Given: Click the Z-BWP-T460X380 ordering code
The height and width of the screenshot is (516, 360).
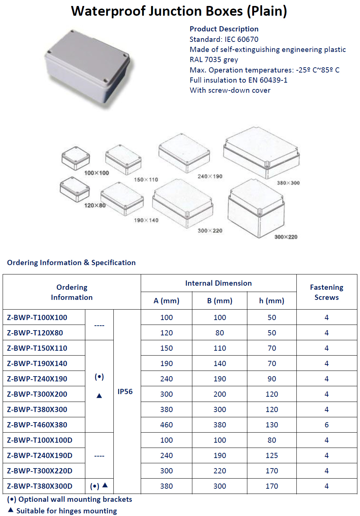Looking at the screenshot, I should pyautogui.click(x=37, y=425).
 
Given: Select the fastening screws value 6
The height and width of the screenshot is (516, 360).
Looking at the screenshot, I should pyautogui.click(x=326, y=425).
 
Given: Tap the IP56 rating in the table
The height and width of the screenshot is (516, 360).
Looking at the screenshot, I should pyautogui.click(x=125, y=391).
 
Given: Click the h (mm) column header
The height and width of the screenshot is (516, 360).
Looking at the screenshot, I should pyautogui.click(x=272, y=301).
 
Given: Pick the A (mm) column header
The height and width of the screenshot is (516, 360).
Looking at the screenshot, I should pyautogui.click(x=167, y=301).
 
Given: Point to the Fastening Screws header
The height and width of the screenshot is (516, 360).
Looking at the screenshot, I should pyautogui.click(x=326, y=292).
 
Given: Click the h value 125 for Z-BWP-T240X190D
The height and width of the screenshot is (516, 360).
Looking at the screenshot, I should pyautogui.click(x=272, y=455).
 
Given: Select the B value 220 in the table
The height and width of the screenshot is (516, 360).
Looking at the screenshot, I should pyautogui.click(x=220, y=471).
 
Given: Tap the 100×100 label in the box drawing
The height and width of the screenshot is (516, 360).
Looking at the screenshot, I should pyautogui.click(x=97, y=173).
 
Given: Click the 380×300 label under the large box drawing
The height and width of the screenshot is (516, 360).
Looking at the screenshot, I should pyautogui.click(x=288, y=183).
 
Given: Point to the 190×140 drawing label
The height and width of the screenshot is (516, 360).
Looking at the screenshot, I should pyautogui.click(x=146, y=220).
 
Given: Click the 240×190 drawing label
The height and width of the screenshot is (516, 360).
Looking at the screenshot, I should pyautogui.click(x=210, y=176).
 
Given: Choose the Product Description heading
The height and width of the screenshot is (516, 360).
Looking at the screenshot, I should pyautogui.click(x=224, y=29).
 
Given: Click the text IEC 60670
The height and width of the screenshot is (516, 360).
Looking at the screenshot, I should pyautogui.click(x=241, y=39).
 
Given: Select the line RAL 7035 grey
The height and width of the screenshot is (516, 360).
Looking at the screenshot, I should pyautogui.click(x=214, y=59).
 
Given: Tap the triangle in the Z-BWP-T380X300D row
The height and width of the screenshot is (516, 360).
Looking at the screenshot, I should pyautogui.click(x=105, y=485).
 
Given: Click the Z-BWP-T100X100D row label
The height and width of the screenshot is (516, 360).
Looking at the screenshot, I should pyautogui.click(x=40, y=440).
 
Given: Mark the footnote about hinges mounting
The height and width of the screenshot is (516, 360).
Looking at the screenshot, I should pyautogui.click(x=66, y=511).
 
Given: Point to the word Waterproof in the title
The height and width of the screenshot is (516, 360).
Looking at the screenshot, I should pyautogui.click(x=108, y=11).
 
